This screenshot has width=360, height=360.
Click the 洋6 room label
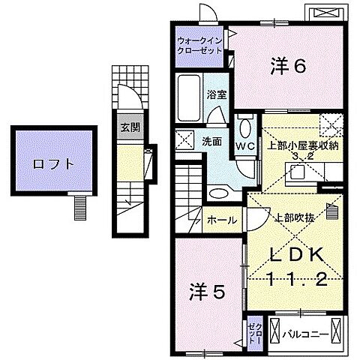pos(289,66)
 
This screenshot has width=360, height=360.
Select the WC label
pos(245,144)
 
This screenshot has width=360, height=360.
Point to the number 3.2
pos(301,156)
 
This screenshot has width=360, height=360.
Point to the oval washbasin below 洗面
pos(220,193)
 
